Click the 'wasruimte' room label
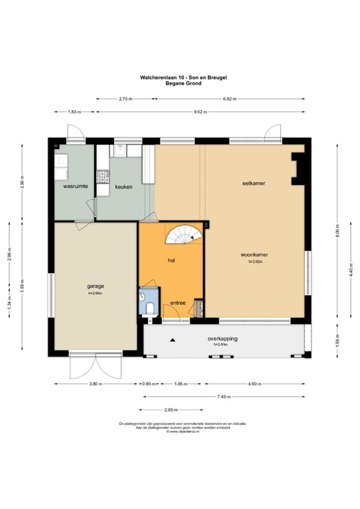75,187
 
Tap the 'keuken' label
123,187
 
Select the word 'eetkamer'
253,182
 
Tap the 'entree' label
178,303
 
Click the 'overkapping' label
222,338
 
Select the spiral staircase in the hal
185,235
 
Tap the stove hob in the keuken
103,177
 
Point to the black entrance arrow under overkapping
174,341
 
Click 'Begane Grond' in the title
180,84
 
